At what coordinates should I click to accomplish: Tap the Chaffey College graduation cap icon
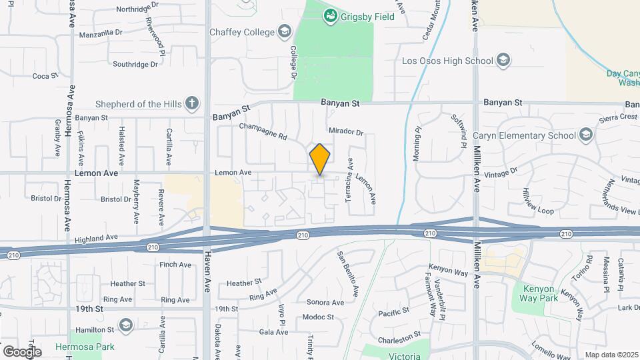(285, 32)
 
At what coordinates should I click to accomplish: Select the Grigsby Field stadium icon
(330, 15)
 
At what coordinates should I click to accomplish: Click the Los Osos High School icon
(503, 61)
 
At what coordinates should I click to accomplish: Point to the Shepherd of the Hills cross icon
(192, 103)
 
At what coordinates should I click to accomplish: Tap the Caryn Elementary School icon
(586, 135)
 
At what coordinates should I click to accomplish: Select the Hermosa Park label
(94, 347)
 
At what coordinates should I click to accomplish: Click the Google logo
(22, 351)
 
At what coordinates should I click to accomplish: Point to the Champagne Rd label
(263, 131)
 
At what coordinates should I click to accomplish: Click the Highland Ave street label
(96, 237)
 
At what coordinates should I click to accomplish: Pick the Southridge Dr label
(135, 65)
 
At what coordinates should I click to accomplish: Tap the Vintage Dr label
(502, 171)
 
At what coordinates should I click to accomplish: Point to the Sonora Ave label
(325, 302)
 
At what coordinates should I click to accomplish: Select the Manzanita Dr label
(101, 32)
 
